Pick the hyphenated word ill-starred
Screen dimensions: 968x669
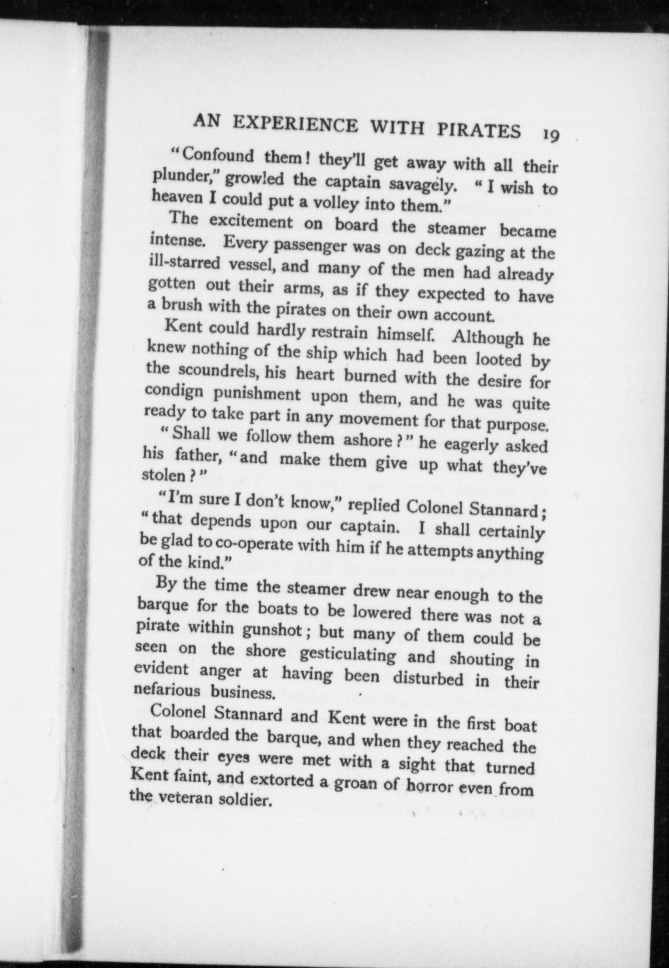[x=185, y=263]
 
